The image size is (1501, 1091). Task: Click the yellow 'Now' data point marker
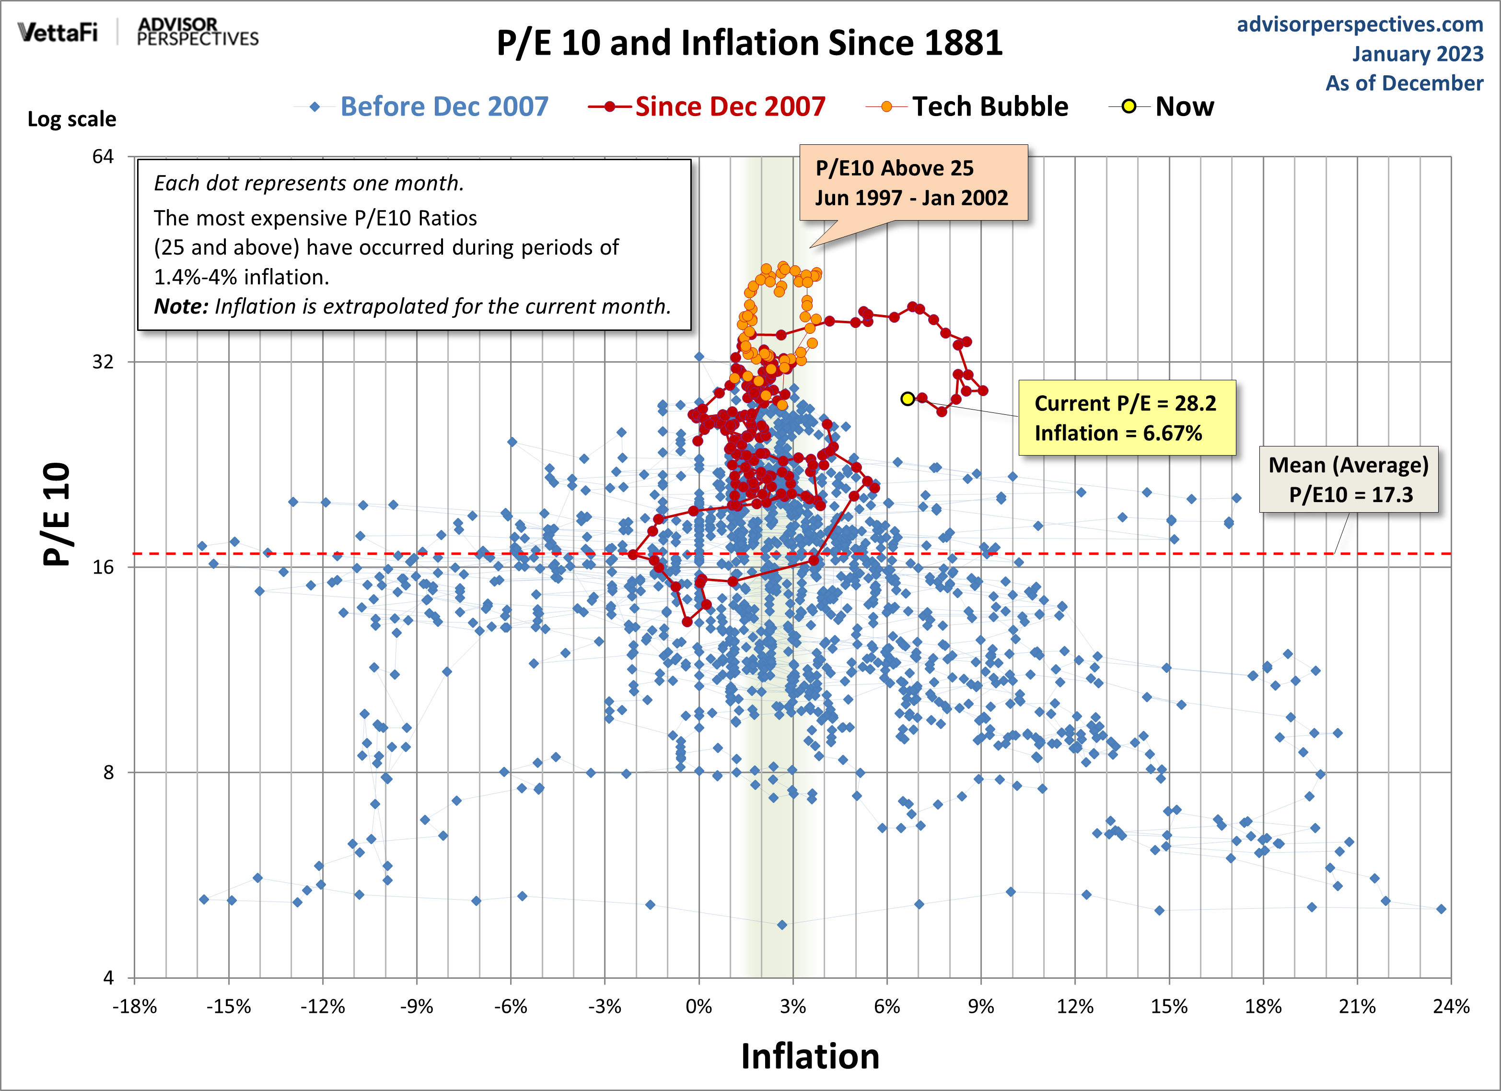pos(908,399)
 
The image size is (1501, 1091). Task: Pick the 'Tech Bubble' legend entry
pos(989,106)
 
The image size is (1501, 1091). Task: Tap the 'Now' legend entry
pos(1184,106)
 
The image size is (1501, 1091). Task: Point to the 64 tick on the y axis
pos(103,156)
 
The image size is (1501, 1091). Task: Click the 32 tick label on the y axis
pos(103,362)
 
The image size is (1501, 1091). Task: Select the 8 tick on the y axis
pos(108,772)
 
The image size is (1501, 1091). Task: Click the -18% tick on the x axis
pos(134,1007)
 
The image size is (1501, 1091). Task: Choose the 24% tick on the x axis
pos(1451,1007)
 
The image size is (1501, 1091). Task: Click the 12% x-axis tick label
pos(1075,1007)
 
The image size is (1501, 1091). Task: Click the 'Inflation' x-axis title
pos(810,1056)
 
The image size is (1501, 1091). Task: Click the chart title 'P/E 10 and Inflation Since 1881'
pos(749,43)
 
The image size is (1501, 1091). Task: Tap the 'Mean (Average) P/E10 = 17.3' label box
pos(1349,479)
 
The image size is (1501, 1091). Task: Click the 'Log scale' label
pos(71,119)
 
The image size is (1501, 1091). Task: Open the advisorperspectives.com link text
pos(1360,24)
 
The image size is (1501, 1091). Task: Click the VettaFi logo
pos(58,31)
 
